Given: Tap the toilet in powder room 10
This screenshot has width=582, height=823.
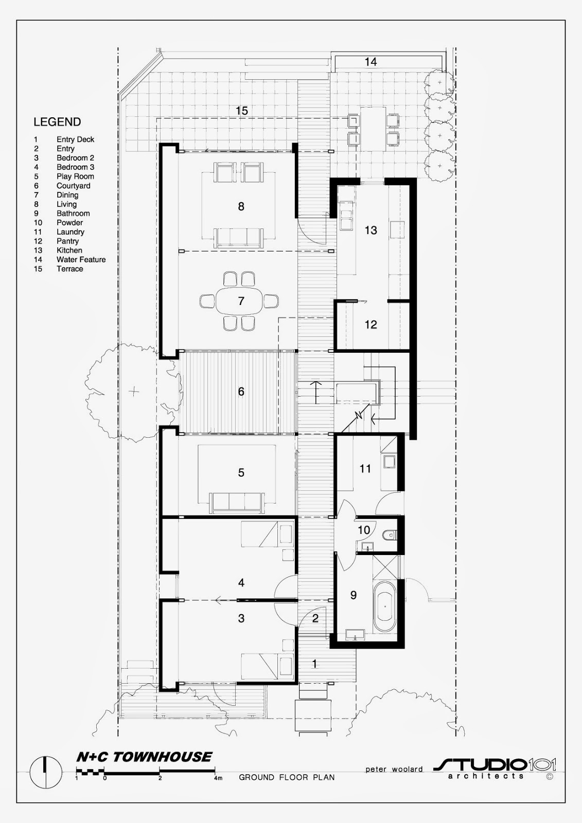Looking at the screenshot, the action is [x=389, y=535].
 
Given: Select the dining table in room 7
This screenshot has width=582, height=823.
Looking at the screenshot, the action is [x=241, y=301].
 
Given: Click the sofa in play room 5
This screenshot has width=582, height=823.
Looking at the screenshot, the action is [x=237, y=503].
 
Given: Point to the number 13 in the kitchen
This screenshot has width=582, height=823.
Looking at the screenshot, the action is [x=371, y=230].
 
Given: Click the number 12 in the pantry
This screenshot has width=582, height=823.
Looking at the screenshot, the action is [x=371, y=325].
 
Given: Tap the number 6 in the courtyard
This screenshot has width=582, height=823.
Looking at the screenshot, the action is [x=241, y=391].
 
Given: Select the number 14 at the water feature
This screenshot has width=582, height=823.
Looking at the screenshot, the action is [x=371, y=62].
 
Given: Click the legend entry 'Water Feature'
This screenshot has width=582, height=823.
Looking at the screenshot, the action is [x=81, y=259].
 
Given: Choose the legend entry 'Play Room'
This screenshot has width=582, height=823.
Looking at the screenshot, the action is [x=75, y=176].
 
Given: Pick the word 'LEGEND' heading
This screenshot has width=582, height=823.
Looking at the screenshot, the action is [x=57, y=121].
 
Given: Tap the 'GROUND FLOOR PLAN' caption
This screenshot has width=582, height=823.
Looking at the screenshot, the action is [x=287, y=777].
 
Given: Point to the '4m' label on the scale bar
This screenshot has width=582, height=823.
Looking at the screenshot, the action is [x=218, y=778].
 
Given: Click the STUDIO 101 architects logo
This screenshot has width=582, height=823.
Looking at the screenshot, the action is [x=495, y=767].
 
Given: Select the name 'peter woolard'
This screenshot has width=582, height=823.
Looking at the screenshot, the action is [x=394, y=768].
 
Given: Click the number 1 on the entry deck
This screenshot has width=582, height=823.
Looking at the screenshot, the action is [x=314, y=664].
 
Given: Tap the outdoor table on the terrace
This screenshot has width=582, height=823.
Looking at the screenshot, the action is [x=373, y=129].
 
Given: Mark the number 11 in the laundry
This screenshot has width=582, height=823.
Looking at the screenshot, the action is [x=365, y=469].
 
